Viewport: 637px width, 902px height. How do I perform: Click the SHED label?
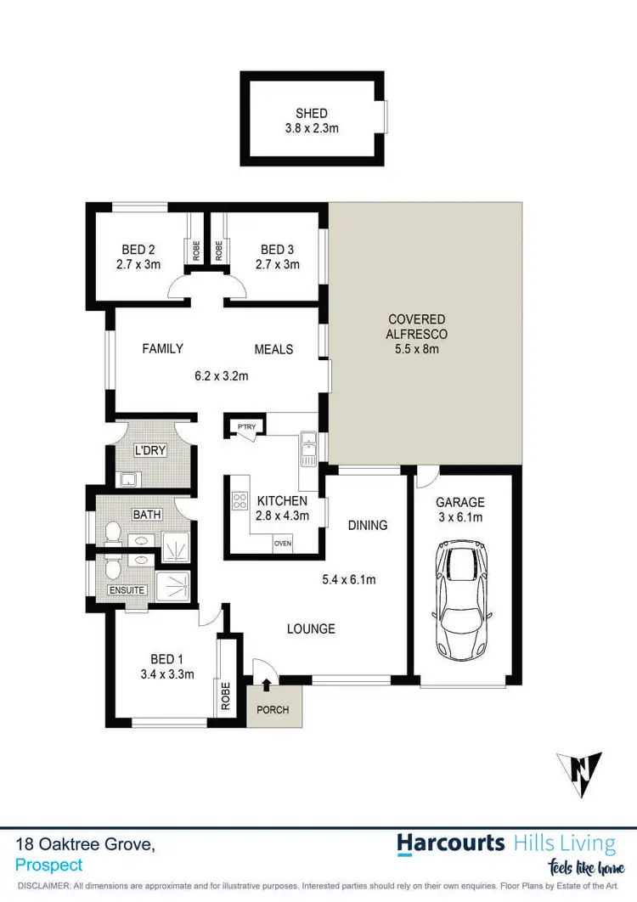coord(312,113)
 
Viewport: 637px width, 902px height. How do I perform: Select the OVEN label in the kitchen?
coord(282,544)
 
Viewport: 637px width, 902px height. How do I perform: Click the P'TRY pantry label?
coord(246,426)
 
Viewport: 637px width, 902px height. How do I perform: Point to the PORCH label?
coord(273,710)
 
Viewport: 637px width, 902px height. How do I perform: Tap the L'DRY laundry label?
coord(150,450)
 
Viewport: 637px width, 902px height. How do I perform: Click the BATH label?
coord(146,515)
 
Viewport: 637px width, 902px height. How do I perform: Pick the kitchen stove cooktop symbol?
coord(240,501)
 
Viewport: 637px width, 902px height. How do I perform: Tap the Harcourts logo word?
coord(451,843)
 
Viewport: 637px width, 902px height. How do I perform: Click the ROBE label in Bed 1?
coord(226,696)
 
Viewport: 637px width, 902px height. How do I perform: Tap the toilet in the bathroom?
coord(110,534)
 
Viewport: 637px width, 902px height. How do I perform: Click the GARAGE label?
coord(459,502)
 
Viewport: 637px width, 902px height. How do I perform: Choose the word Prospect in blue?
coord(49,865)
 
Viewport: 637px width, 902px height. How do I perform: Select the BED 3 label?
coord(278,250)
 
